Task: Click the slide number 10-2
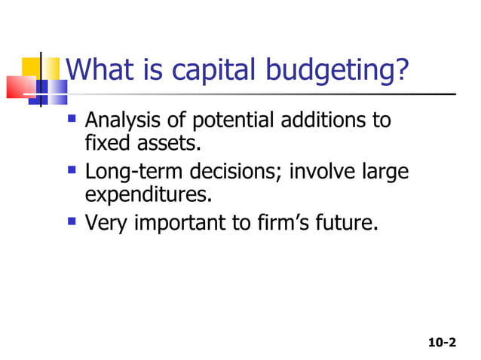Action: point(442,343)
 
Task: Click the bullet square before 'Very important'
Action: point(72,221)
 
